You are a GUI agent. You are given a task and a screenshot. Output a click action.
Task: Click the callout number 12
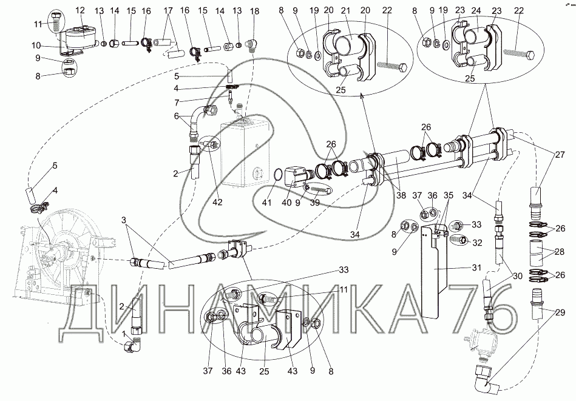(x=81, y=11)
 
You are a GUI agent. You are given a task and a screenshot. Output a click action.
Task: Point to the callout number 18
(x=254, y=11)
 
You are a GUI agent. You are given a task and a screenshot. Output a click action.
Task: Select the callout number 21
(x=346, y=10)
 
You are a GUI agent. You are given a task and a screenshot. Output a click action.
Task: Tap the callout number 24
(x=476, y=10)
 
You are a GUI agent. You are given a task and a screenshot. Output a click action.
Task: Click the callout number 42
(x=217, y=201)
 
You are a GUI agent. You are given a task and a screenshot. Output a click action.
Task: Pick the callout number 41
(x=266, y=202)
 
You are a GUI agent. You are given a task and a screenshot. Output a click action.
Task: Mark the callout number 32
(x=477, y=243)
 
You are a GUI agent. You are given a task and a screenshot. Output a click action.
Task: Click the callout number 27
(x=560, y=155)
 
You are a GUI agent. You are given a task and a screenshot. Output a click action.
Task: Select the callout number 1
(x=124, y=334)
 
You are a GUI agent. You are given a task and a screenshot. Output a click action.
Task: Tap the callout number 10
(x=36, y=45)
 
